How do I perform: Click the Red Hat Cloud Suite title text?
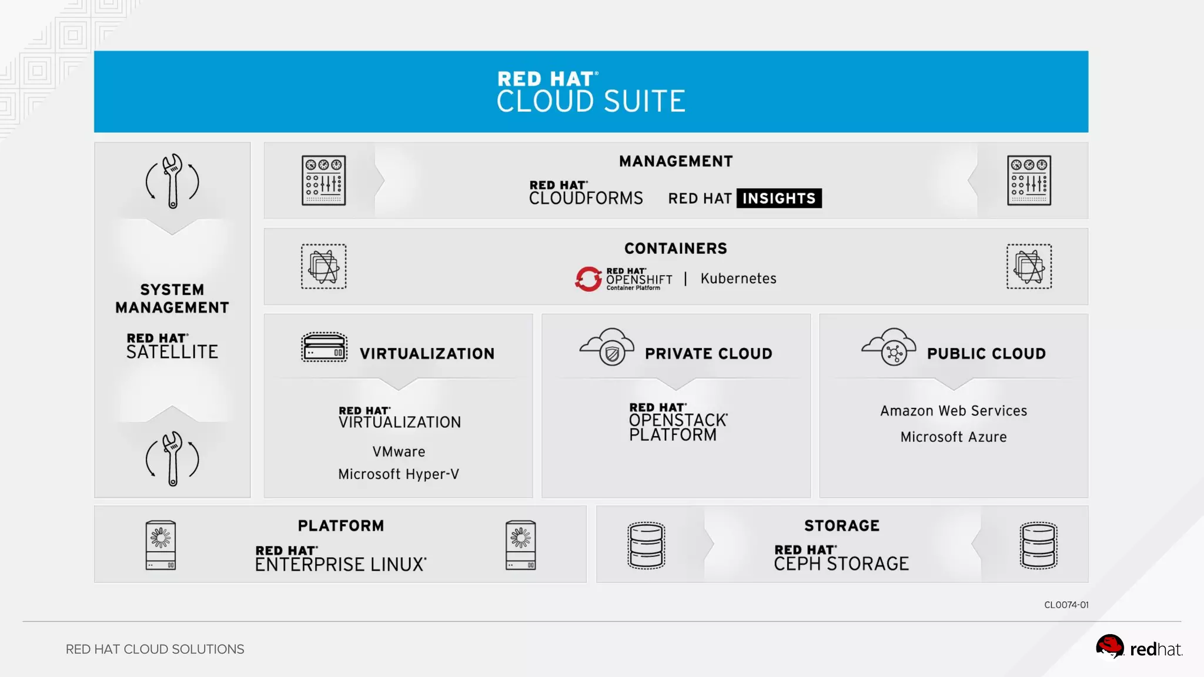591,93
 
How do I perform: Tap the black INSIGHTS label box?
779,199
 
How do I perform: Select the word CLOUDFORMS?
586,199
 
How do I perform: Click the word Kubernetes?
738,279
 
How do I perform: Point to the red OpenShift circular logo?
588,279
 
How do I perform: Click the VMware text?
399,452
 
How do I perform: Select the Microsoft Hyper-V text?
399,474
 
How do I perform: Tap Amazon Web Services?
954,411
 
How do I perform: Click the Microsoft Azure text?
954,437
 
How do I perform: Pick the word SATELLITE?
172,352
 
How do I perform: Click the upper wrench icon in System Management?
172,181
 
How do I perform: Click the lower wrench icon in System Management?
172,459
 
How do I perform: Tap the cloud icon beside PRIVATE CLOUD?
607,347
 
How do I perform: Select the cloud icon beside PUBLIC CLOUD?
889,347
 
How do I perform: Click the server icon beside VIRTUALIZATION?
324,347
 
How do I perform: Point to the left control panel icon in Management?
323,180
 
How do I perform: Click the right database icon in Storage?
1038,545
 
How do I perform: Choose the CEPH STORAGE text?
841,564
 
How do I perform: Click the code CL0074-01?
1066,605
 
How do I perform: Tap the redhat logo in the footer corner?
1139,648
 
